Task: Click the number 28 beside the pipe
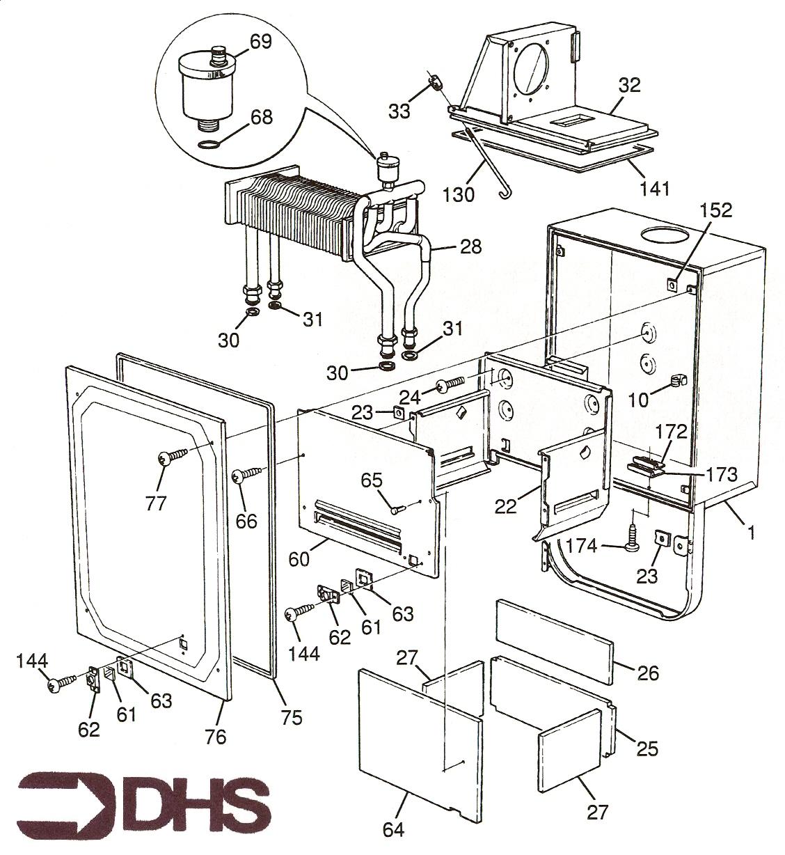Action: (470, 246)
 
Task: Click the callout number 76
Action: (216, 735)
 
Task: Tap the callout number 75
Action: (292, 716)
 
